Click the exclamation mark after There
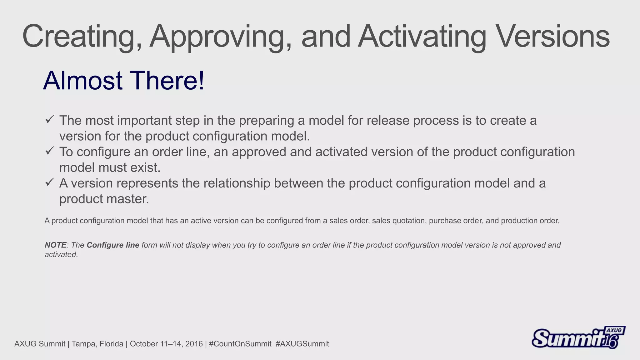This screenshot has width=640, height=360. click(201, 81)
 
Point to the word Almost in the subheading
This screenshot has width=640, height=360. click(83, 81)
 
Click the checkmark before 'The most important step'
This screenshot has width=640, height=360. click(50, 119)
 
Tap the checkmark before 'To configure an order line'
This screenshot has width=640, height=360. click(50, 151)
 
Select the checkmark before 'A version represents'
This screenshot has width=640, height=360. click(50, 182)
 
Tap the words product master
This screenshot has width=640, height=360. click(104, 199)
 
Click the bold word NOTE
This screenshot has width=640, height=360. click(55, 245)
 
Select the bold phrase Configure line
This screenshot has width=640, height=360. click(113, 245)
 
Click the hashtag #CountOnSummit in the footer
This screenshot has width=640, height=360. click(240, 344)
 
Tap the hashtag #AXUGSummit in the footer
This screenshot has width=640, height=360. click(302, 344)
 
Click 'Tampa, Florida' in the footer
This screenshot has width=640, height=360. click(97, 344)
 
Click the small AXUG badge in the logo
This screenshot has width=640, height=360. click(614, 330)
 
